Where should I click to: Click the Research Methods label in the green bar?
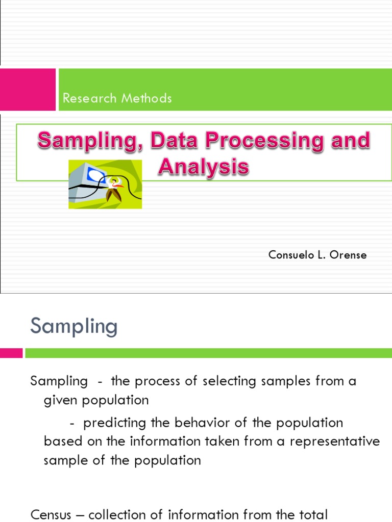(117, 98)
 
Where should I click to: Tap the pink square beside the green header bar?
(28, 90)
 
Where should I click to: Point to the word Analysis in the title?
(203, 166)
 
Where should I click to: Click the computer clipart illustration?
(105, 184)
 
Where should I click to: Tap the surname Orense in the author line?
(348, 255)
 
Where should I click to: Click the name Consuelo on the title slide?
(290, 255)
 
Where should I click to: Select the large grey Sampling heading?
(74, 326)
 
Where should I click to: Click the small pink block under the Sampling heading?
(11, 353)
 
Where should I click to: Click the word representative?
(335, 441)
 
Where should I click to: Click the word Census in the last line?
(50, 515)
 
